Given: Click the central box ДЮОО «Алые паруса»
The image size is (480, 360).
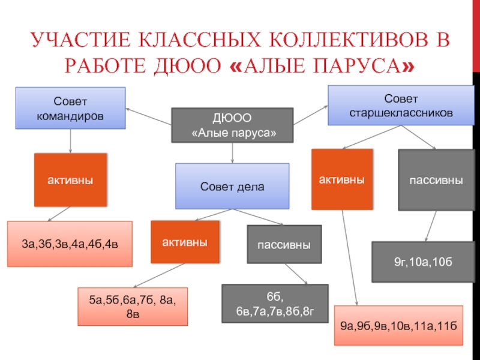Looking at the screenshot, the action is [x=233, y=125].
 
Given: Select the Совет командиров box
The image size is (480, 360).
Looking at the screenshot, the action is [x=70, y=108].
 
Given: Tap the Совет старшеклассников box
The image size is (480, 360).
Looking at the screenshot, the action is [x=393, y=105].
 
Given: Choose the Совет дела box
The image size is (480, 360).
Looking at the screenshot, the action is [x=232, y=186].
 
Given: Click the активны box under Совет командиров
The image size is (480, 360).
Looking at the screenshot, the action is [x=70, y=179].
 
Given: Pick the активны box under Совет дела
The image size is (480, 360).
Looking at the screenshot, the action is [x=185, y=242].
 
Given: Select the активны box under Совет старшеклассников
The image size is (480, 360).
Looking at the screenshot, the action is [x=341, y=179].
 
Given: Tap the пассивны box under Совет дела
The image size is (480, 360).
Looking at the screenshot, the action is [x=284, y=245].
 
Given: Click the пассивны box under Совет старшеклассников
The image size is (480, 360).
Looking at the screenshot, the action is [x=436, y=180].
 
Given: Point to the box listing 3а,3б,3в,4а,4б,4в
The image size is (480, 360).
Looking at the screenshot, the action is [x=70, y=244].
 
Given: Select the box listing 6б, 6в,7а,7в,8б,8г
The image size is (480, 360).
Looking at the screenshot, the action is [x=275, y=304].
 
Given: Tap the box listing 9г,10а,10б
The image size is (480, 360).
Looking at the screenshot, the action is [x=422, y=262].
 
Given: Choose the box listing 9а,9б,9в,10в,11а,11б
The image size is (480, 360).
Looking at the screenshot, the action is [x=399, y=326].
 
